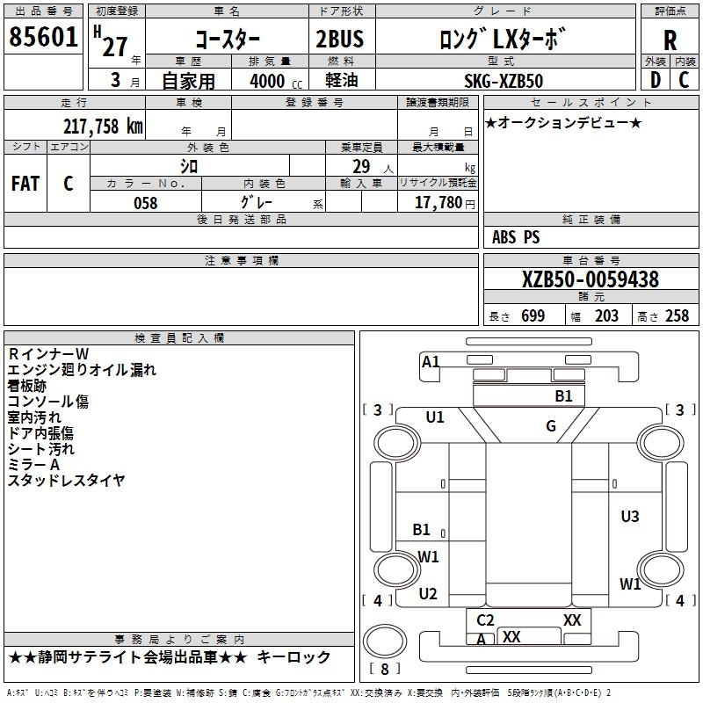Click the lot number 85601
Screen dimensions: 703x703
coord(42,38)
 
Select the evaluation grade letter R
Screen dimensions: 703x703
coord(670,40)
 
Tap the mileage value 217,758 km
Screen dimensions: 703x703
coord(103,126)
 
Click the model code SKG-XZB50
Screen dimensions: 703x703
coord(504,81)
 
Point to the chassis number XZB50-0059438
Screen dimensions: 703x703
coord(591,280)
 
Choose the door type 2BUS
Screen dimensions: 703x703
coord(339,40)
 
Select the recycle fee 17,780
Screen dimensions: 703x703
coord(442,203)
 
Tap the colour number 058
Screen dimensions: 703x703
coord(145,203)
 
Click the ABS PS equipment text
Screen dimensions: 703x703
coord(516,237)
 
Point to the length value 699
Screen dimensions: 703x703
coord(533,316)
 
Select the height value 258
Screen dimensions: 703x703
coord(677,316)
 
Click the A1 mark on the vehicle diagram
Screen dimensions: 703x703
coord(431,362)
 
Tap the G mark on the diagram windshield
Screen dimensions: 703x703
coord(551,426)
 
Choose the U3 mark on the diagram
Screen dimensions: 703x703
coord(629,517)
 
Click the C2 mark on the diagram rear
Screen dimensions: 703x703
coord(485,620)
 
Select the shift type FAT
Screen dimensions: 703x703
coord(25,184)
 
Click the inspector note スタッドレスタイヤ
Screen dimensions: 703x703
coord(67,481)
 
